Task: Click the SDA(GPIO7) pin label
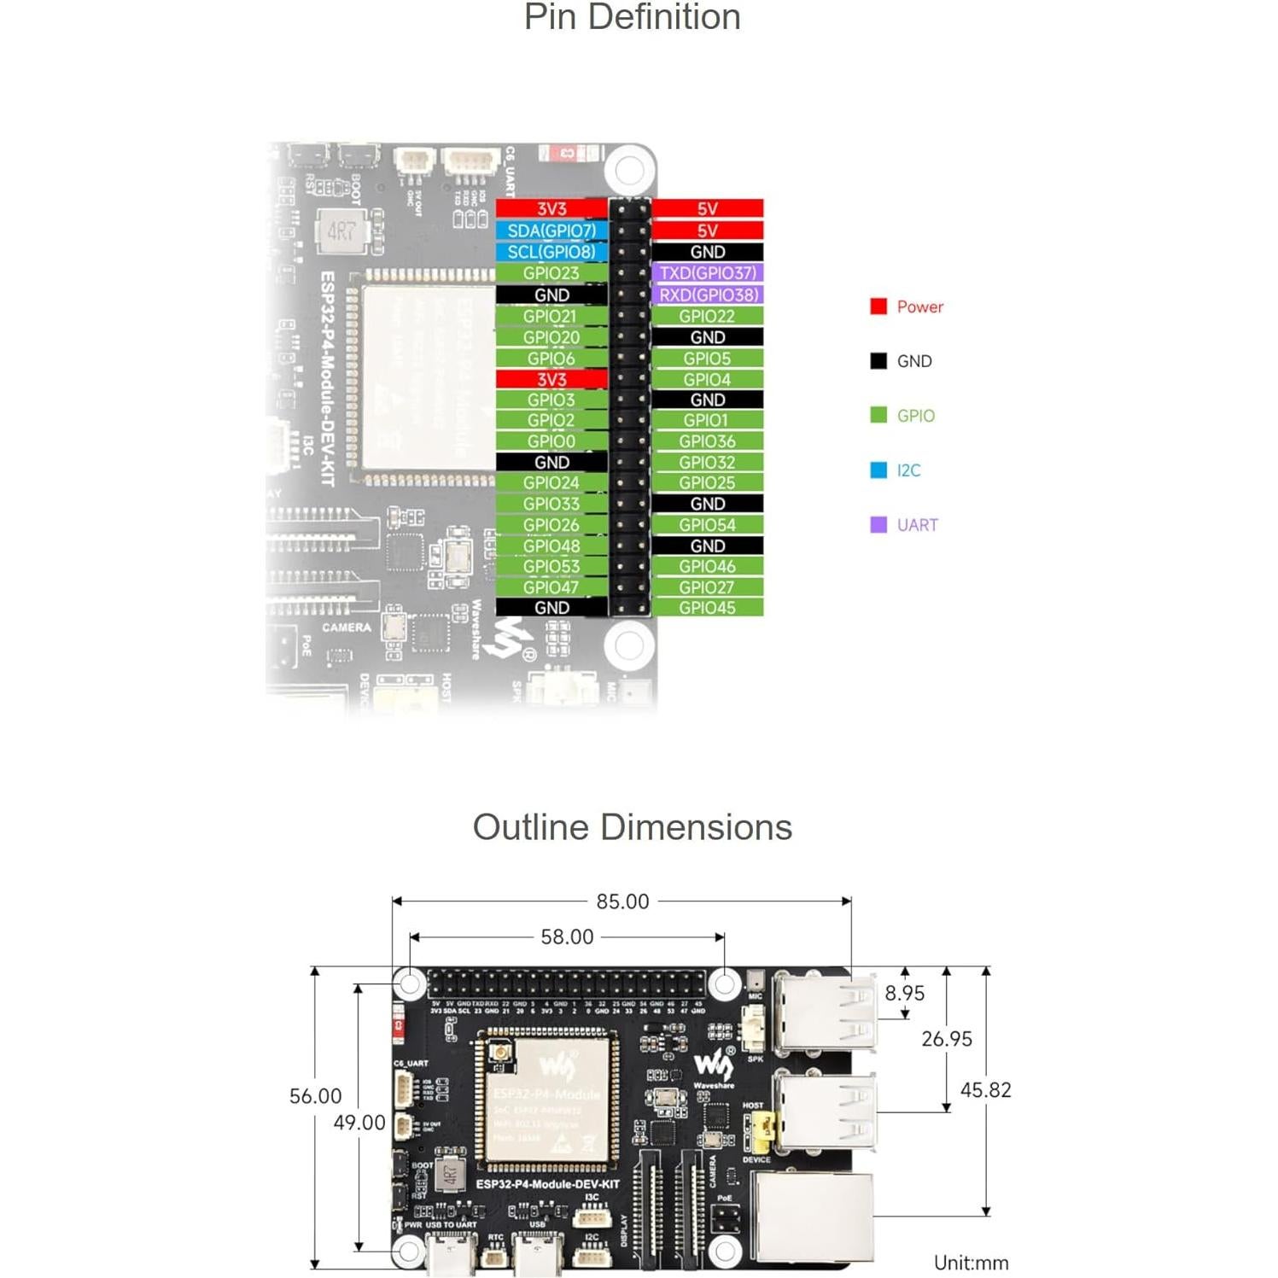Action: tap(551, 231)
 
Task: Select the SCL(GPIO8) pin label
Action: tap(551, 252)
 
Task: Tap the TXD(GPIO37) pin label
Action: tap(707, 273)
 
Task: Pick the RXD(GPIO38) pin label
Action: tap(707, 295)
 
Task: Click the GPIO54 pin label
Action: tap(707, 525)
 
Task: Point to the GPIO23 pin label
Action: tap(551, 273)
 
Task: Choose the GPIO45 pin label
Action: tap(707, 608)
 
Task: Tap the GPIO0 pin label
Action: tap(551, 441)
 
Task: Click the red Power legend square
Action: tap(878, 306)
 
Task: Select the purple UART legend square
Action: tap(878, 524)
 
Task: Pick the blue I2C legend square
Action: tap(878, 470)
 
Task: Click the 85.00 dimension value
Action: tap(622, 902)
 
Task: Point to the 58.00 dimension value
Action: tap(567, 937)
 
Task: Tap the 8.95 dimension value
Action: tap(904, 993)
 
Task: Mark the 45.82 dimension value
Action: tap(985, 1090)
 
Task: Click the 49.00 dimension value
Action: tap(359, 1123)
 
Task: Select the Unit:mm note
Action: tap(971, 1263)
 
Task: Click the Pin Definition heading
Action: tap(632, 17)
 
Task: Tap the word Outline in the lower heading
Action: tap(530, 827)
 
